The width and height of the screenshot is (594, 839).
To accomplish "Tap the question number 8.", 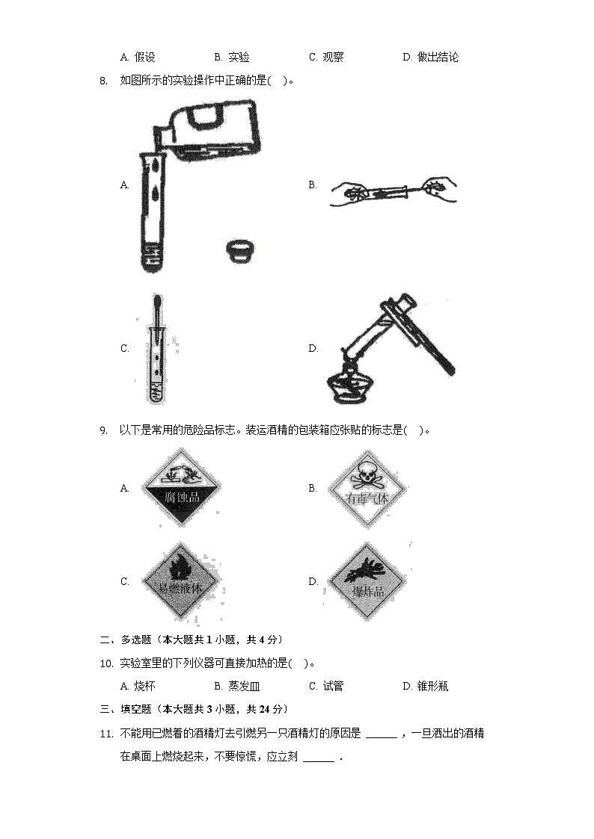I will click(103, 81).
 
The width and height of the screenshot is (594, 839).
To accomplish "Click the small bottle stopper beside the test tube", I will click(239, 250).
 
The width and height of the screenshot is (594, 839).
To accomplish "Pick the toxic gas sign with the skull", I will click(367, 489).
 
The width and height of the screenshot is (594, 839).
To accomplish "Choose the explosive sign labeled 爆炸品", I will click(367, 582).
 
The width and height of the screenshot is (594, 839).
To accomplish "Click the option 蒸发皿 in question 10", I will click(243, 687).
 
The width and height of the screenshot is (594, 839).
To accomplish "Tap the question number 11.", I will click(105, 734).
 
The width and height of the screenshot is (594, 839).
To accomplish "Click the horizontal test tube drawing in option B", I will click(393, 191).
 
